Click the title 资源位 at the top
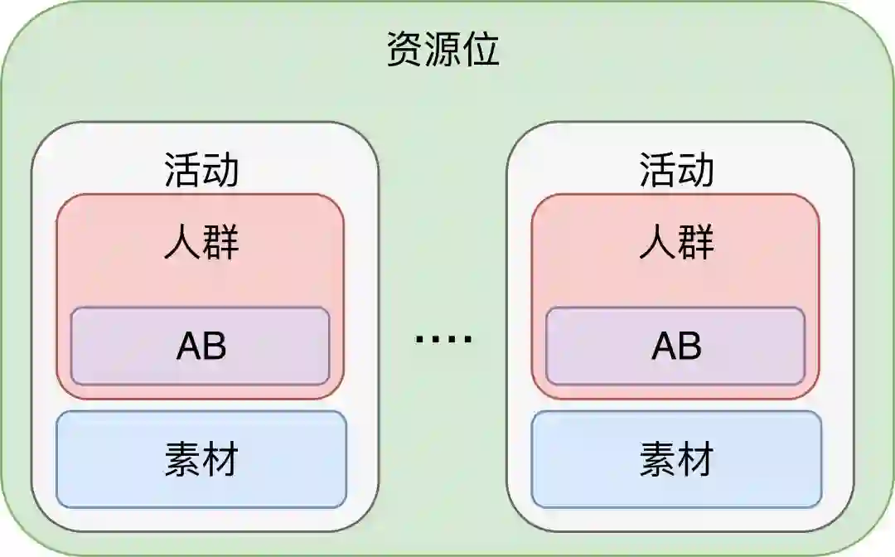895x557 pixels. pyautogui.click(x=443, y=50)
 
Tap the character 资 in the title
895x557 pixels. pyautogui.click(x=406, y=50)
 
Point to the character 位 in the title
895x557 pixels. pyautogui.click(x=481, y=50)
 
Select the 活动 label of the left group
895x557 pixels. pyautogui.click(x=201, y=171)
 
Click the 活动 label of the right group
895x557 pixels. pyautogui.click(x=676, y=171)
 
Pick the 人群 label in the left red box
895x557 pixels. pyautogui.click(x=201, y=244)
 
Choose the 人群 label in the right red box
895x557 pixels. pyautogui.click(x=676, y=244)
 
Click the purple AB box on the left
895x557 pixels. pyautogui.click(x=201, y=346)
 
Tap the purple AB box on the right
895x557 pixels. pyautogui.click(x=675, y=346)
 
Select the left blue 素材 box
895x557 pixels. pyautogui.click(x=201, y=459)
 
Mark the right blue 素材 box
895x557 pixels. pyautogui.click(x=676, y=459)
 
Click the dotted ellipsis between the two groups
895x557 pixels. pyautogui.click(x=443, y=339)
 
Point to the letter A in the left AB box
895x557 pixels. pyautogui.click(x=189, y=346)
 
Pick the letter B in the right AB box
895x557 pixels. pyautogui.click(x=690, y=346)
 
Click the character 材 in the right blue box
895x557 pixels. pyautogui.click(x=695, y=459)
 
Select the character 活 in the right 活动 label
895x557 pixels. pyautogui.click(x=658, y=171)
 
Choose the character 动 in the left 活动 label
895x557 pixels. pyautogui.click(x=220, y=171)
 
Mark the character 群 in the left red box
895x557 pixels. pyautogui.click(x=220, y=244)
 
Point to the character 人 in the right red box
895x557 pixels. pyautogui.click(x=658, y=244)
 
